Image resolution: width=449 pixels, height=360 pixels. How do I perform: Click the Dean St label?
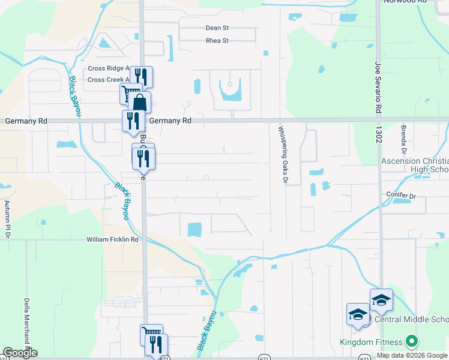[x=217, y=28]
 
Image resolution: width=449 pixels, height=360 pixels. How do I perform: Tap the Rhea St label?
[x=217, y=41]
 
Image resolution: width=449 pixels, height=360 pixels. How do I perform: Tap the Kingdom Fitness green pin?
[x=411, y=343]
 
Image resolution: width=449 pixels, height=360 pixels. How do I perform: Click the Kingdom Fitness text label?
[x=371, y=343]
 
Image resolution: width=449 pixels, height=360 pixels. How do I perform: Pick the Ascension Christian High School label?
[x=415, y=166]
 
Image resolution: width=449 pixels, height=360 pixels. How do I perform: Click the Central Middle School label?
[x=411, y=320]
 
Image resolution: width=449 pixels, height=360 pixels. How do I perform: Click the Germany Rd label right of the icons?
[x=170, y=121]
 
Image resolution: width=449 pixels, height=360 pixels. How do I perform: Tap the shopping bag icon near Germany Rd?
[x=139, y=103]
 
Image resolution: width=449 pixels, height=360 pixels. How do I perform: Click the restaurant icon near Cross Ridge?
[x=141, y=76]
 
